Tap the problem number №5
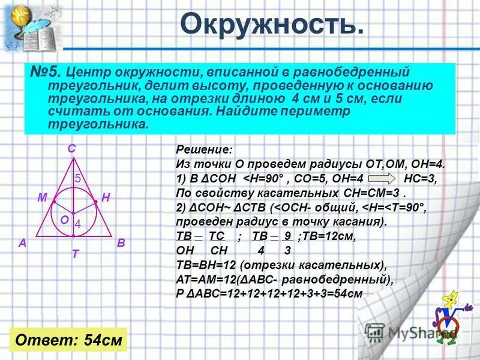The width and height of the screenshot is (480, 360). (46, 73)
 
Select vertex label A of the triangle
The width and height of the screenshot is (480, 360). (22, 243)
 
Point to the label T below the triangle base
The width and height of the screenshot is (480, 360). (75, 254)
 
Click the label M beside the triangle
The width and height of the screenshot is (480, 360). (42, 197)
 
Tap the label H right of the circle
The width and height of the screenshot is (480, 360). (106, 197)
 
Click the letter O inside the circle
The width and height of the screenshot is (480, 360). (64, 220)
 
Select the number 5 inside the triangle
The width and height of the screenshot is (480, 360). (77, 178)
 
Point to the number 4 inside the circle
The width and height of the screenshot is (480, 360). (77, 223)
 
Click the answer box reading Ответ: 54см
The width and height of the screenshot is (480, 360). (68, 340)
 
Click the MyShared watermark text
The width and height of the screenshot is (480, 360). (420, 332)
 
